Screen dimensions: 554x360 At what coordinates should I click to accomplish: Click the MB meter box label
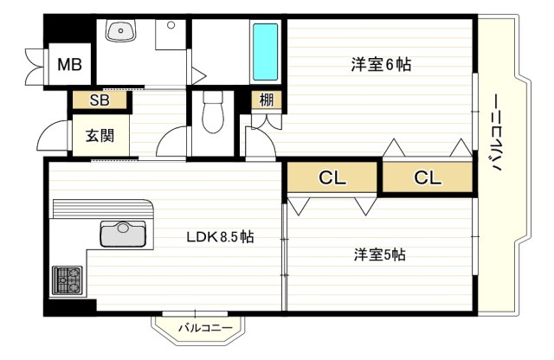[69, 65]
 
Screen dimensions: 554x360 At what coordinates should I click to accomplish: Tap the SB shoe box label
[100, 100]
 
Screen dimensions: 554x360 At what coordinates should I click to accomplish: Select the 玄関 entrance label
[100, 136]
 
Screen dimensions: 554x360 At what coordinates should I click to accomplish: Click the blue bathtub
[266, 52]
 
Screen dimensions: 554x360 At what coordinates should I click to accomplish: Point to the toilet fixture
[213, 112]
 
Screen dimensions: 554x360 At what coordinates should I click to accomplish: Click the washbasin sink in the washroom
[121, 30]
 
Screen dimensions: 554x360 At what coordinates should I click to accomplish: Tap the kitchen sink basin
[123, 234]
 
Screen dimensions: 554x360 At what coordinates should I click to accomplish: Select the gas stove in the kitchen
[68, 280]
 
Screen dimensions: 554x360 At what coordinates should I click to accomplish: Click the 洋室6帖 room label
[381, 65]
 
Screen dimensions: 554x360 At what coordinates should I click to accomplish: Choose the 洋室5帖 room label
[380, 254]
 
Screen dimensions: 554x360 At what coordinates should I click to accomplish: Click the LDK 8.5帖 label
[220, 237]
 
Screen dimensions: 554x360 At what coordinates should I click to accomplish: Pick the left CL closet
[332, 177]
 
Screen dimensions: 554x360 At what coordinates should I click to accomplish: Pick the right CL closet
[428, 177]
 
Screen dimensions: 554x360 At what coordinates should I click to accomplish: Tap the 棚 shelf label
[267, 100]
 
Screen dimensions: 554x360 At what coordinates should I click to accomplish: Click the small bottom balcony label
[205, 328]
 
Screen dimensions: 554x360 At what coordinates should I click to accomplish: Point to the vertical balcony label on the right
[497, 132]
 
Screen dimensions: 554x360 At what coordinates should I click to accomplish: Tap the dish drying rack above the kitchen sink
[102, 209]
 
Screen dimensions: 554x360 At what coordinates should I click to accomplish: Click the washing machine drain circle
[171, 25]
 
